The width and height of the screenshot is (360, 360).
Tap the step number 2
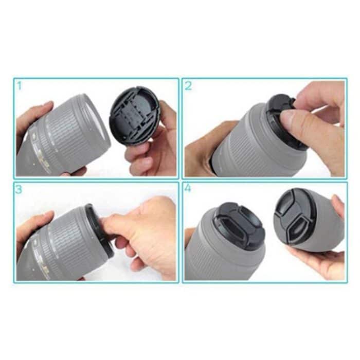(x=188, y=86)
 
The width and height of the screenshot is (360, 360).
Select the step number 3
(x=20, y=189)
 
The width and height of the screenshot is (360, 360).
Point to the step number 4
(x=188, y=189)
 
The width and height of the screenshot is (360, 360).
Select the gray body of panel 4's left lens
(x=206, y=252)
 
